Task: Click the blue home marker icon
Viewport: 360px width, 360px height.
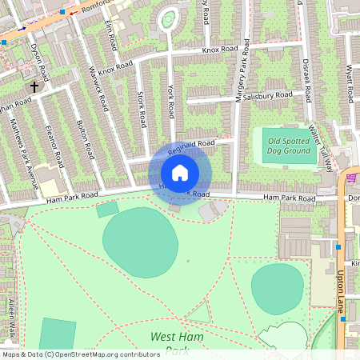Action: (179, 172)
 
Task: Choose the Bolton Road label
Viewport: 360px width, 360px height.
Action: (81, 138)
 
